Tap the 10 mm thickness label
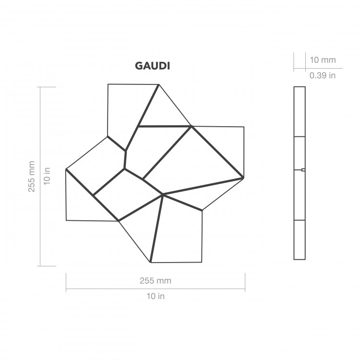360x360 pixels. click(322, 60)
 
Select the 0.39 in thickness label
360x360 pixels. click(322, 75)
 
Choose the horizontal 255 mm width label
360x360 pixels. click(155, 280)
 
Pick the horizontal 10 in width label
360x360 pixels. click(155, 296)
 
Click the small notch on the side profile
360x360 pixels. click(303, 169)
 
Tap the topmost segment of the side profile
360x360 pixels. click(299, 111)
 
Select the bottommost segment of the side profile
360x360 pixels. click(299, 240)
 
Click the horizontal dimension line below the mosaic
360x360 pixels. click(155, 288)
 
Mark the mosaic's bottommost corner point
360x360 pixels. click(151, 263)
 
